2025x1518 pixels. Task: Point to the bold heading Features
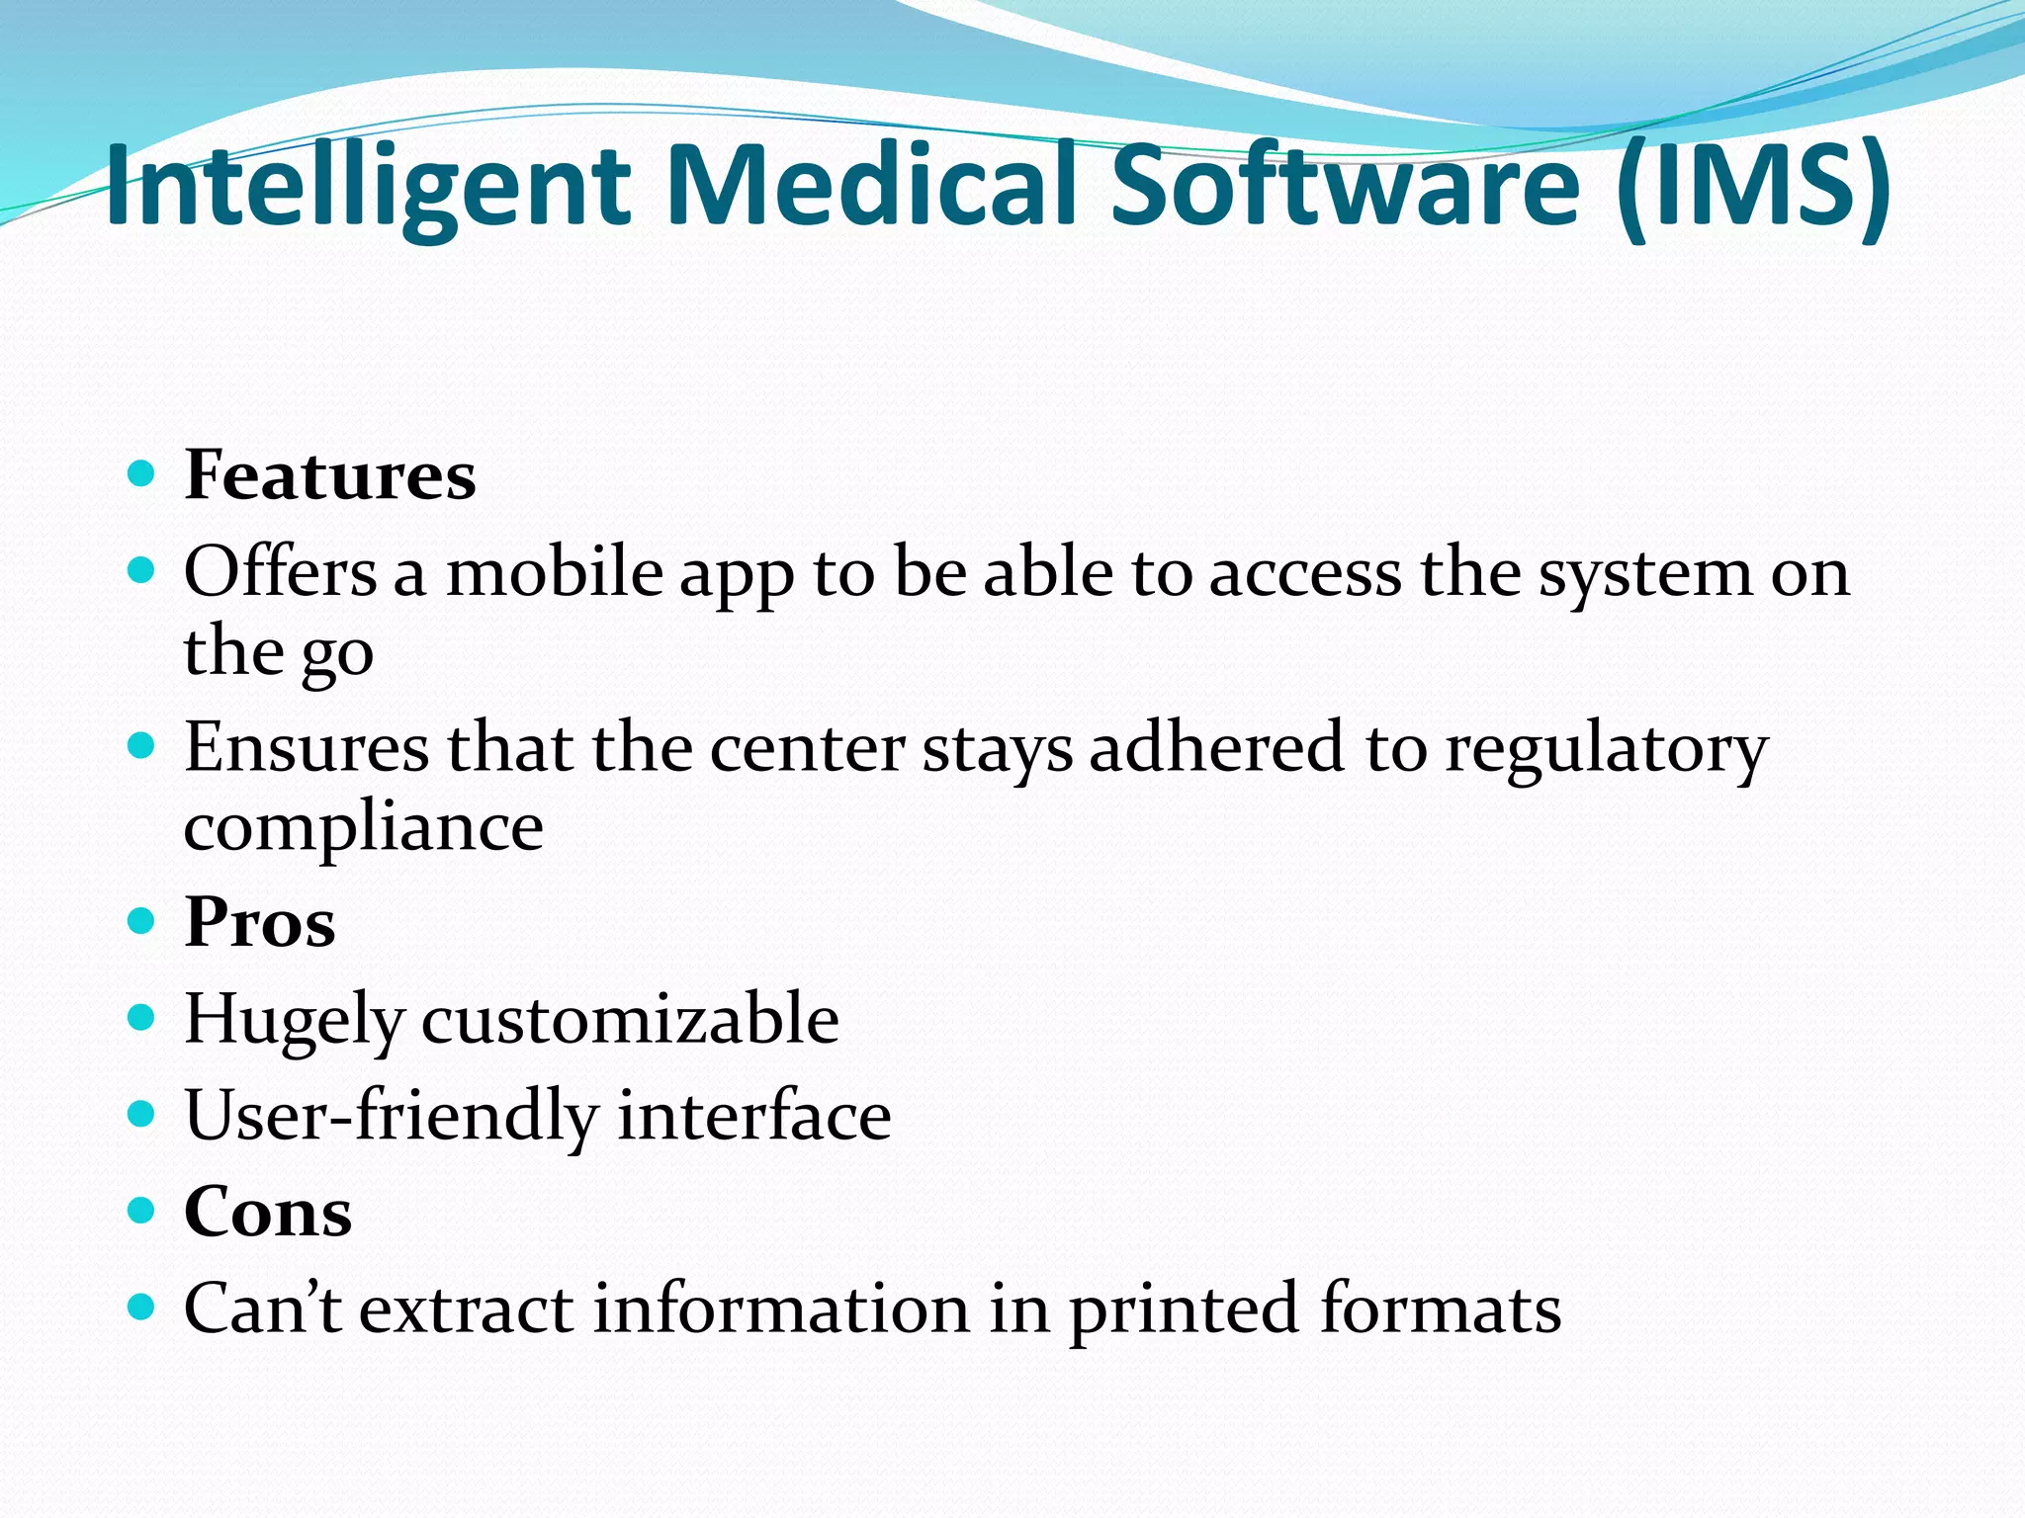pos(330,475)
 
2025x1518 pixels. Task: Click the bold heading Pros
pos(260,922)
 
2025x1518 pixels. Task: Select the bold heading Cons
pos(268,1212)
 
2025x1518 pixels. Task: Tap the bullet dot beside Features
pos(142,474)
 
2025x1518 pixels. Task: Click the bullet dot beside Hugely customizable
pos(142,1017)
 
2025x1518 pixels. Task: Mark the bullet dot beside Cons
pos(142,1210)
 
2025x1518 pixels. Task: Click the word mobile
pos(554,572)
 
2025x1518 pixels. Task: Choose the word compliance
pos(364,828)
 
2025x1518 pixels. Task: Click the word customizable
pos(631,1019)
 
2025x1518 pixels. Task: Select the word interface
pos(754,1115)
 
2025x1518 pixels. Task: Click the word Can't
pos(263,1308)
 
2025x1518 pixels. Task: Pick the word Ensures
pos(307,748)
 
